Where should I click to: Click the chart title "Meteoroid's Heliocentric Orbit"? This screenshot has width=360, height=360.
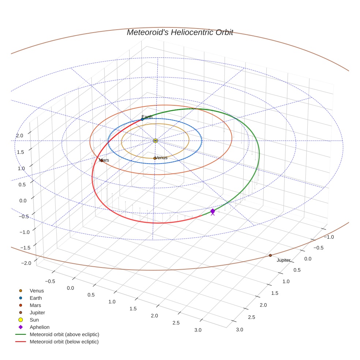click(180, 33)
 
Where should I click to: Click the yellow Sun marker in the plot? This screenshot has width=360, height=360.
click(155, 140)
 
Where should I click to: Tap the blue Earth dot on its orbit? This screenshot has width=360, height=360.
click(142, 119)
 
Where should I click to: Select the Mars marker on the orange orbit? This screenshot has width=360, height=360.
click(101, 161)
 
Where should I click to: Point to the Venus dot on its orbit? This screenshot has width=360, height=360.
click(155, 158)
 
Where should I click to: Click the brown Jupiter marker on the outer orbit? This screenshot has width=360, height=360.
click(270, 255)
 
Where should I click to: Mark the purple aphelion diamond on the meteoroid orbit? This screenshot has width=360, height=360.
click(213, 211)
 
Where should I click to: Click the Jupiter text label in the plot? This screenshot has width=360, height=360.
click(284, 260)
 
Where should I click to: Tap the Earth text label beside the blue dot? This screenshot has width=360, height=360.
click(147, 117)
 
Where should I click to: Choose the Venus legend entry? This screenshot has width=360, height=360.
click(37, 291)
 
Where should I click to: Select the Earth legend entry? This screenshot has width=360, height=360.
click(36, 298)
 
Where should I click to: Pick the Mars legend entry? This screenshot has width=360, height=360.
click(35, 305)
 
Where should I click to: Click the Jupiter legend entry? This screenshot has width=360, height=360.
click(37, 312)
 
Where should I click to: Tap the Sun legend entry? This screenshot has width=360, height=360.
click(34, 320)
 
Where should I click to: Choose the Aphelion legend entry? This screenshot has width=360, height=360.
click(40, 327)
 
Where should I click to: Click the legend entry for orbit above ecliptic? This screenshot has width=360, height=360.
click(64, 334)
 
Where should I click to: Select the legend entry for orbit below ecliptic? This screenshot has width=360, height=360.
click(64, 342)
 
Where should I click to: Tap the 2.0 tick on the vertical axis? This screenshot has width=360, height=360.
click(19, 136)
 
